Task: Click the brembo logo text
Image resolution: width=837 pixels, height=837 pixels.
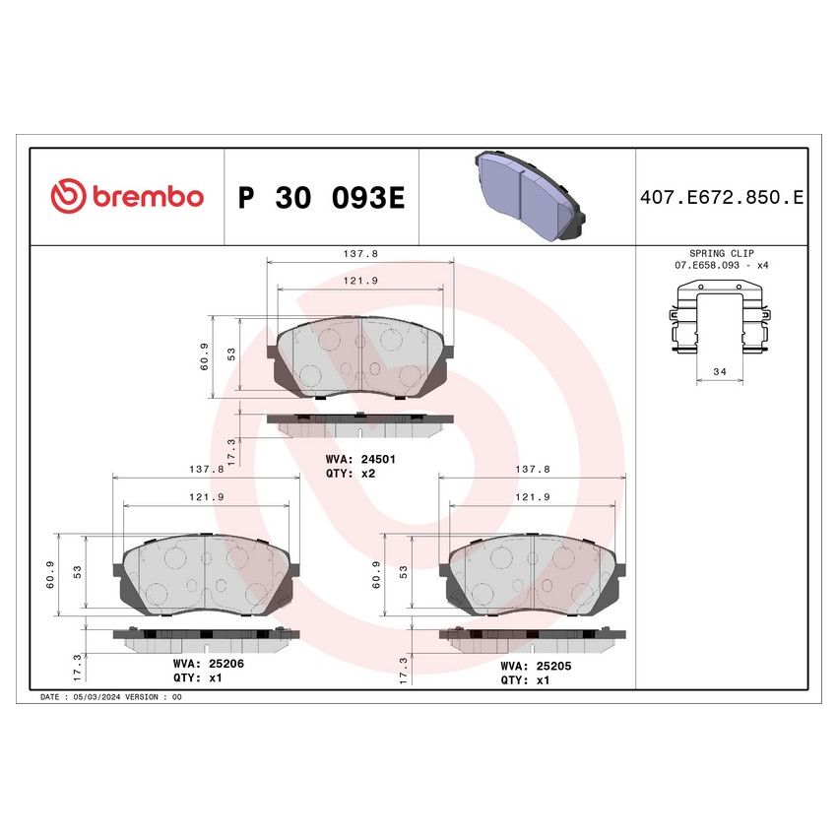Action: (148, 196)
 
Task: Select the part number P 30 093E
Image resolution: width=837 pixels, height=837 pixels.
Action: (321, 198)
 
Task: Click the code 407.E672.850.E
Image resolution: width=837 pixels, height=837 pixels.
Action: (723, 198)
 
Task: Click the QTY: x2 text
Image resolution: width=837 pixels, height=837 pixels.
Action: (351, 474)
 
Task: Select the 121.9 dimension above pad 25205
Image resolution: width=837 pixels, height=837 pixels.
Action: (533, 497)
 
